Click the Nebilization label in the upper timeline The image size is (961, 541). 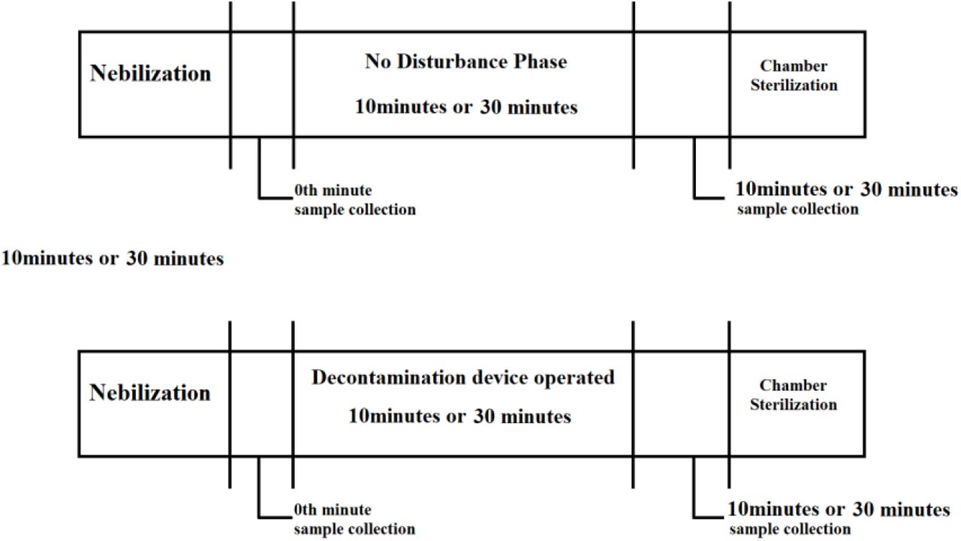click(150, 73)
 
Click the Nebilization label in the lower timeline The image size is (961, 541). click(149, 392)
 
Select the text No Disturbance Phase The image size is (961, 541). click(466, 62)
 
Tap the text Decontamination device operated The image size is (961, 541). click(463, 377)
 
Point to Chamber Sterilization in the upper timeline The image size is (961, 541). click(794, 76)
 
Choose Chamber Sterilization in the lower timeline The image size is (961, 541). click(794, 395)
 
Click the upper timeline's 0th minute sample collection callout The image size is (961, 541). click(355, 200)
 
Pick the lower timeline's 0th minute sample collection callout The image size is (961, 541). click(354, 519)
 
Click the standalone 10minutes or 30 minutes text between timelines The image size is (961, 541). click(113, 258)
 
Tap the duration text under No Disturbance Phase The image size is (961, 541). click(466, 107)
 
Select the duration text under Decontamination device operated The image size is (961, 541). click(459, 416)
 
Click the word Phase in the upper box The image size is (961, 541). click(541, 62)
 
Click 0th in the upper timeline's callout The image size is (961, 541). click(306, 190)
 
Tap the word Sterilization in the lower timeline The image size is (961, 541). click(794, 404)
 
